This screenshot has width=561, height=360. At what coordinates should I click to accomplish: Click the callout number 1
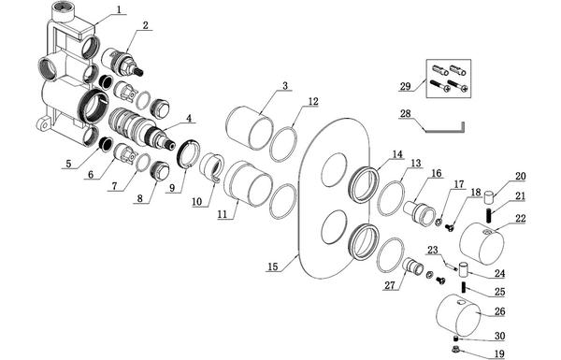[x=122, y=9]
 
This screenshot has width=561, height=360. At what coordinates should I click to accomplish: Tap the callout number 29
[x=405, y=86]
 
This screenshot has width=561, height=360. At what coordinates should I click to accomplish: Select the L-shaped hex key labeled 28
[x=445, y=128]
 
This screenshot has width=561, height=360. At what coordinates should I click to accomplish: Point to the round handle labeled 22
[x=482, y=244]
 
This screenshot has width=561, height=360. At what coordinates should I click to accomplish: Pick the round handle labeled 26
[x=459, y=315]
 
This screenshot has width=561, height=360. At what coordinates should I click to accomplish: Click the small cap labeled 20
[x=489, y=197]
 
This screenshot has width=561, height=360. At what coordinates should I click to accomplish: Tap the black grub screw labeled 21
[x=489, y=215]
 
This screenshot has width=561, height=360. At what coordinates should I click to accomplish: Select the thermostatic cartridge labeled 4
[x=141, y=131]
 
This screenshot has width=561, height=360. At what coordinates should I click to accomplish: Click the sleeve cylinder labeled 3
[x=250, y=128]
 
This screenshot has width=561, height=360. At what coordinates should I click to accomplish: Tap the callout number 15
[x=272, y=266]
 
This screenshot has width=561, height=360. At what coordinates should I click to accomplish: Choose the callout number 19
[x=498, y=353]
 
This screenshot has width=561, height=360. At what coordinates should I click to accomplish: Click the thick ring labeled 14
[x=364, y=184]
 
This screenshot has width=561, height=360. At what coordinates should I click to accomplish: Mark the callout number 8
[x=139, y=197]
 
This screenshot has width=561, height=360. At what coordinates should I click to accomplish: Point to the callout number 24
[x=499, y=273]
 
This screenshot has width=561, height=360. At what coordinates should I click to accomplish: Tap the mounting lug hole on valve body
[x=44, y=125]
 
